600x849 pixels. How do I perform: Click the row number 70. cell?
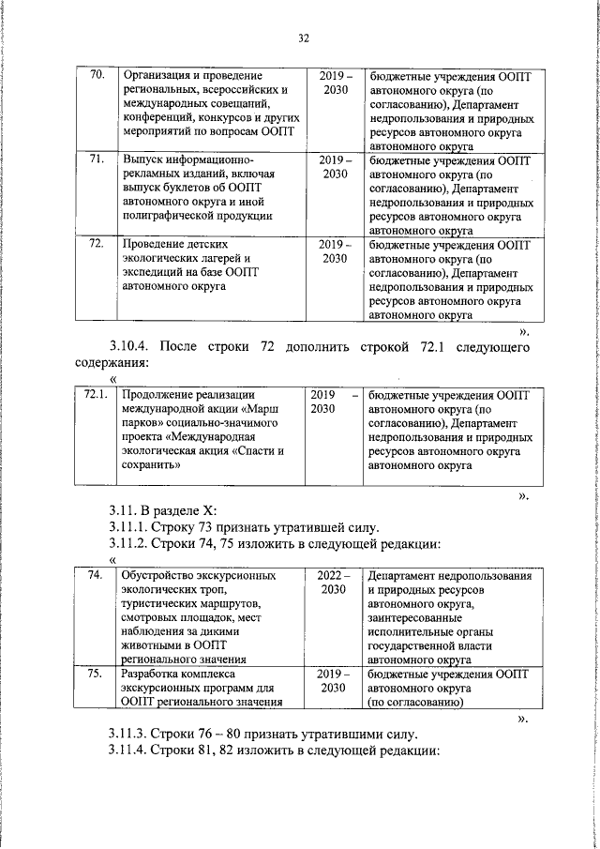pyautogui.click(x=95, y=75)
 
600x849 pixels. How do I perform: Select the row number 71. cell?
pyautogui.click(x=95, y=159)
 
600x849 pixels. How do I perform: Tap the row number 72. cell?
pyautogui.click(x=95, y=244)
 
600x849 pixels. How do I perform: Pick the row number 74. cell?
pyautogui.click(x=95, y=575)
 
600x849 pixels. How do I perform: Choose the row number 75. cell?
pyautogui.click(x=95, y=674)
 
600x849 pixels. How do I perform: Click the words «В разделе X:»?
pyautogui.click(x=180, y=510)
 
